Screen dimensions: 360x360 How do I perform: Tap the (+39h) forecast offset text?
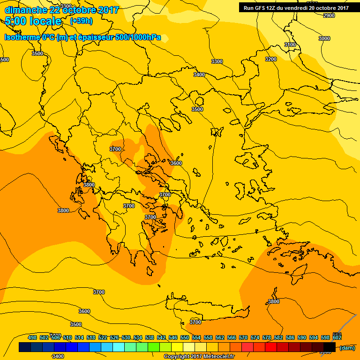[81, 21]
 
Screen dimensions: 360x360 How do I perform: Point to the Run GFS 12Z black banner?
[296, 7]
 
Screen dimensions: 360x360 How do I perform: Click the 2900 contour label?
[329, 15]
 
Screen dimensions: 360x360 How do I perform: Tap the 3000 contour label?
[324, 38]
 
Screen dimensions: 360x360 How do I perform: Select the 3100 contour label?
[290, 45]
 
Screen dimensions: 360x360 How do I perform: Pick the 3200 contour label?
[270, 59]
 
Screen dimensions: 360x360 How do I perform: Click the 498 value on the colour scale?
[32, 337]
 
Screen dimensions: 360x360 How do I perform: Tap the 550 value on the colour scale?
[185, 337]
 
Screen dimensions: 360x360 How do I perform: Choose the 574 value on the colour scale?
[255, 337]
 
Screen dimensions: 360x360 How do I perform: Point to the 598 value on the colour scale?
[325, 337]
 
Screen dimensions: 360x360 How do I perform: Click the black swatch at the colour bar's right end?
[330, 347]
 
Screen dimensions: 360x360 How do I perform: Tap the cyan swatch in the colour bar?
[119, 347]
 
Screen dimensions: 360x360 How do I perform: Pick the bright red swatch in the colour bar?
[271, 347]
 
